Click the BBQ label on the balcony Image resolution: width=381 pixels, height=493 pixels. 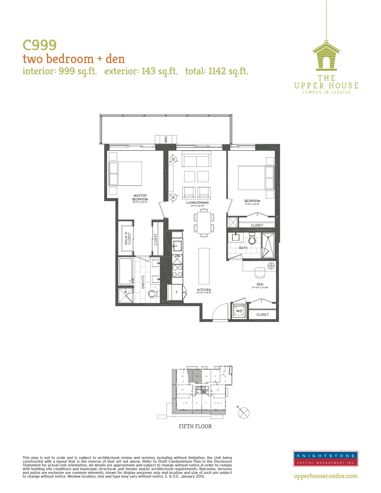point(166,139)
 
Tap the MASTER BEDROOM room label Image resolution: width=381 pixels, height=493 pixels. point(140,197)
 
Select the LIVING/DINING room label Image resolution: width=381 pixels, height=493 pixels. point(197,203)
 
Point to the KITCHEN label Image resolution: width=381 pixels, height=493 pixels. point(204,290)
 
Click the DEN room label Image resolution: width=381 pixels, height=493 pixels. point(260,285)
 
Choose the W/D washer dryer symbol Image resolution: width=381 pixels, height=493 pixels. point(239,311)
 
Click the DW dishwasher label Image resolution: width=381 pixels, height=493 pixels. point(177,256)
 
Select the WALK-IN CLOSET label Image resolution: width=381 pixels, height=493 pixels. point(127,238)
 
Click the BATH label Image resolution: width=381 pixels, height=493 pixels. point(243,248)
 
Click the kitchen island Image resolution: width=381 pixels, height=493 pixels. point(204,265)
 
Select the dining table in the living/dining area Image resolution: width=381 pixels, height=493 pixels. point(204,223)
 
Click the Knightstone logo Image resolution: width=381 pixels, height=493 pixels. point(325,459)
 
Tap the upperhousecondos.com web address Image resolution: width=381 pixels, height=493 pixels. point(325,476)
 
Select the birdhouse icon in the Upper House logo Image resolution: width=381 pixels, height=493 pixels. point(326,56)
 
